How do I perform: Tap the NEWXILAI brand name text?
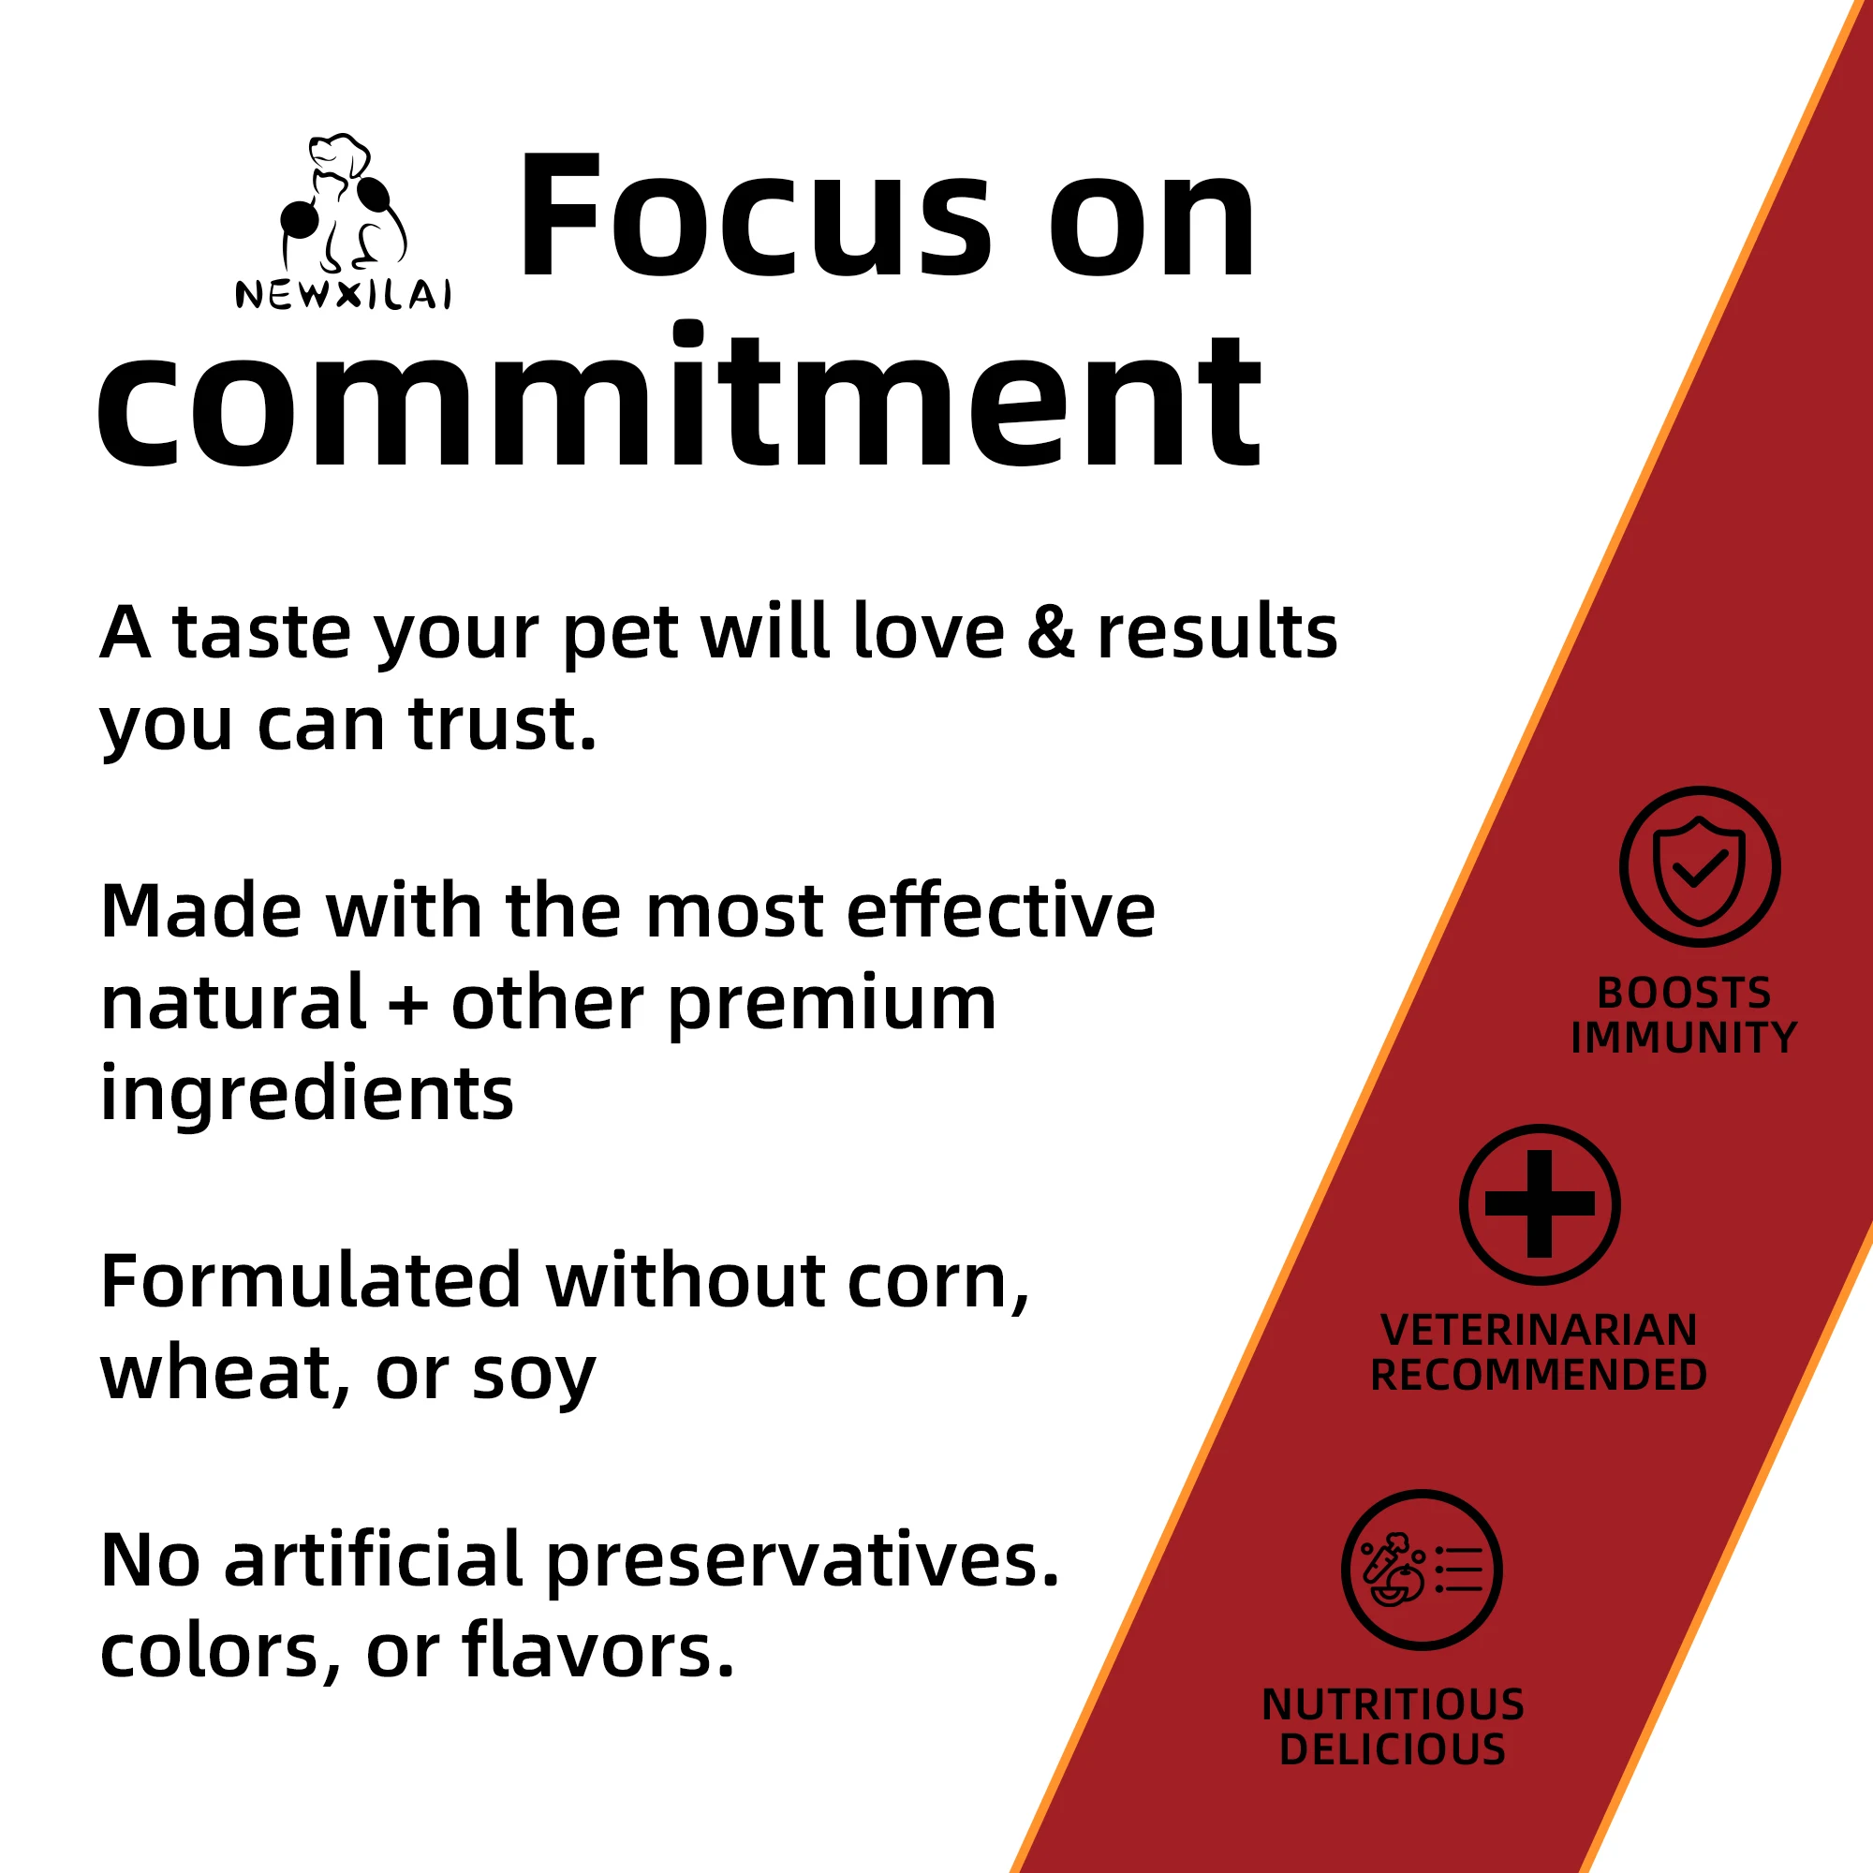343,294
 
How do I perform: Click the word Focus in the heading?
755,218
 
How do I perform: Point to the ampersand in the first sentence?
1050,633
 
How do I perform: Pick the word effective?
1000,911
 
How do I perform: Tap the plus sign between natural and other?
408,1004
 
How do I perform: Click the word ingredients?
306,1094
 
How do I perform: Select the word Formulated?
311,1282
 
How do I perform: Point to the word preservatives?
802,1561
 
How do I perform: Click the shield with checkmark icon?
1700,866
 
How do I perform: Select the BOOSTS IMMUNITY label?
1684,1015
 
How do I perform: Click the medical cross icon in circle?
1540,1204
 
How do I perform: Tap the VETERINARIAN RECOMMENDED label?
1539,1352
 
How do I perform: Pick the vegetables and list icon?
1422,1570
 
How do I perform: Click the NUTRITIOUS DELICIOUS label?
1393,1727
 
